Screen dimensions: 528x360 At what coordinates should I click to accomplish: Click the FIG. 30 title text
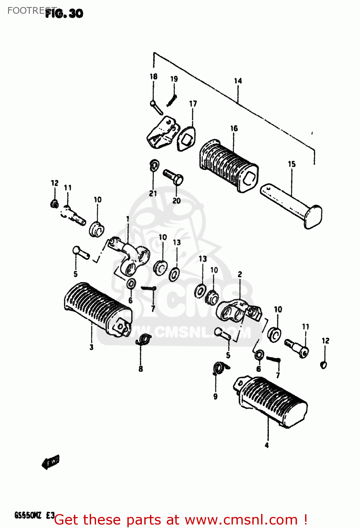tap(64, 13)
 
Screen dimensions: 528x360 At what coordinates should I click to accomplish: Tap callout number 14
tap(238, 81)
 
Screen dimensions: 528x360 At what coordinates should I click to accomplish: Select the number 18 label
tap(153, 76)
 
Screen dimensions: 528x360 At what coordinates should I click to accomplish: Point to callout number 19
tap(174, 79)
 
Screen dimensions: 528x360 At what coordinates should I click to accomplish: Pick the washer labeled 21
tap(154, 164)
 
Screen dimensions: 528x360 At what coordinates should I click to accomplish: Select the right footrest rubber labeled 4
tap(271, 401)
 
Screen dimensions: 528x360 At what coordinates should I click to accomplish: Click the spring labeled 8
tap(144, 339)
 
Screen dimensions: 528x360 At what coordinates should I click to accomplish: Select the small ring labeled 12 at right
tap(324, 364)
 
